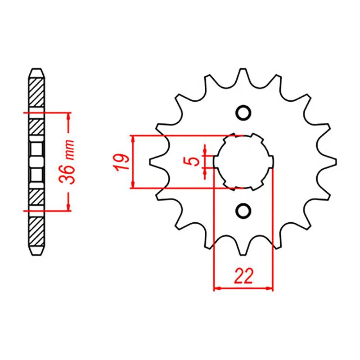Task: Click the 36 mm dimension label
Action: pos(69,162)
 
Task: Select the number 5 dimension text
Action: pos(193,161)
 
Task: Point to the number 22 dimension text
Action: pos(243,276)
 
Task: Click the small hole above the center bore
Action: pos(243,112)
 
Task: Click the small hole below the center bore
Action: pos(243,210)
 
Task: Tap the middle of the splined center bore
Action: pos(243,161)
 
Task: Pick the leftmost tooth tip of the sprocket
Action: pos(152,162)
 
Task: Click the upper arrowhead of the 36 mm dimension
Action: pos(68,116)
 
